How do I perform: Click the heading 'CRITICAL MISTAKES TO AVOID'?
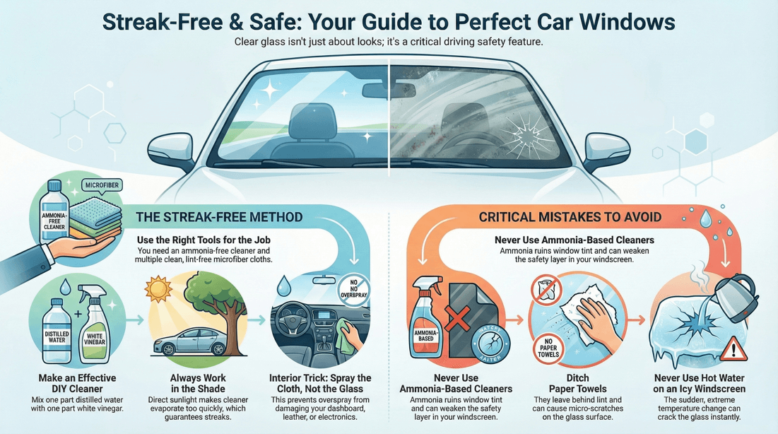pos(570,217)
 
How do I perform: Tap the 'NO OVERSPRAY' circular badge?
pos(353,290)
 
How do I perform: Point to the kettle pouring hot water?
pos(735,291)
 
